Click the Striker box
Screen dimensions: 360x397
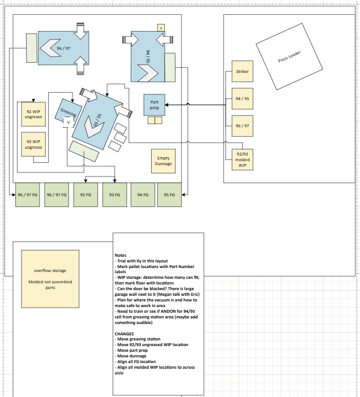(x=242, y=71)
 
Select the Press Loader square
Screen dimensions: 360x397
(x=289, y=57)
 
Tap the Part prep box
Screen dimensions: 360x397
(x=155, y=105)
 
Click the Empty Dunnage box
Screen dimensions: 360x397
(x=164, y=161)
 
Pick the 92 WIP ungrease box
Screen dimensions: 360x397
(x=33, y=114)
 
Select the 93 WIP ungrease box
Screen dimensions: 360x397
(x=33, y=144)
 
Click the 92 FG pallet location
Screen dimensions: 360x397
(x=85, y=195)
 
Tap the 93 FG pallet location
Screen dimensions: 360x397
(x=114, y=195)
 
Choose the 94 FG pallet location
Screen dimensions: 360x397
(x=143, y=195)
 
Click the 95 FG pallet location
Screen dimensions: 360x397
(x=169, y=195)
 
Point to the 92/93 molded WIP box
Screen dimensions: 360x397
(x=242, y=159)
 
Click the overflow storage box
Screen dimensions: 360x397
(x=50, y=279)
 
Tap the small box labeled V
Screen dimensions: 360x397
(x=68, y=122)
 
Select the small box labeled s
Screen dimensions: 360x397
(x=161, y=28)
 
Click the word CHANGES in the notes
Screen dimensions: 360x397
(x=124, y=334)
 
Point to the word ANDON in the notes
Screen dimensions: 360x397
(x=168, y=311)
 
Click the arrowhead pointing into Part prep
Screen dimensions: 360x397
(x=166, y=105)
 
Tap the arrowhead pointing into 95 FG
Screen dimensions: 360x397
(x=183, y=195)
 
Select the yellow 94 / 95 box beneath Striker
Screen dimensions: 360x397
(x=242, y=99)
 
